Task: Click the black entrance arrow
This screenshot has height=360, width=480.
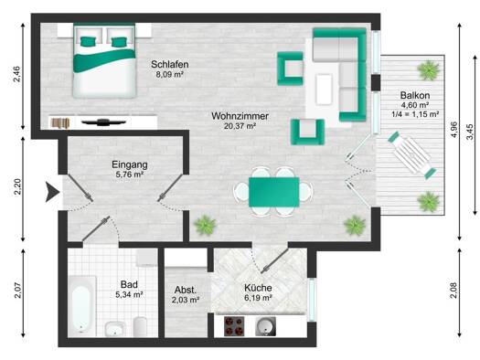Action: pos(52,192)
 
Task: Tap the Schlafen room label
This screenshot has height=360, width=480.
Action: pos(169,65)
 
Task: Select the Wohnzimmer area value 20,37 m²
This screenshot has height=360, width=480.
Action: pos(240,126)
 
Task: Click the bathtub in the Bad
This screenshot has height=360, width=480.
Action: pos(81,306)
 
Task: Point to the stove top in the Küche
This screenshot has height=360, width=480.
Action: pos(234,326)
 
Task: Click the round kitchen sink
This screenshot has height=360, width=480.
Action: pos(265,326)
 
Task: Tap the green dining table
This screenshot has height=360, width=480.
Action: pos(273,192)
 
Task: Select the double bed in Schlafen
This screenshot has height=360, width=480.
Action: pos(104,60)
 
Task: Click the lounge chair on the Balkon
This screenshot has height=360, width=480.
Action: pos(412,155)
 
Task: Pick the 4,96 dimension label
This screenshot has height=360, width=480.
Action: pos(454,130)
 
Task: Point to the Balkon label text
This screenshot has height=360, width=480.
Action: pos(415,95)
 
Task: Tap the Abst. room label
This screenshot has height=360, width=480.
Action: pos(186,290)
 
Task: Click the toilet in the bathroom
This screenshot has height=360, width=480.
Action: pos(140,327)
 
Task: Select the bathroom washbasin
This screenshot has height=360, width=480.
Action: pos(115,329)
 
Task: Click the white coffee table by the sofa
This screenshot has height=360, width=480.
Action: pos(325,90)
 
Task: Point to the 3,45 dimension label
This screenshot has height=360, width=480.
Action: pos(470,132)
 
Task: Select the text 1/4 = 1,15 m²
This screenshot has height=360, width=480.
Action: pos(415,114)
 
